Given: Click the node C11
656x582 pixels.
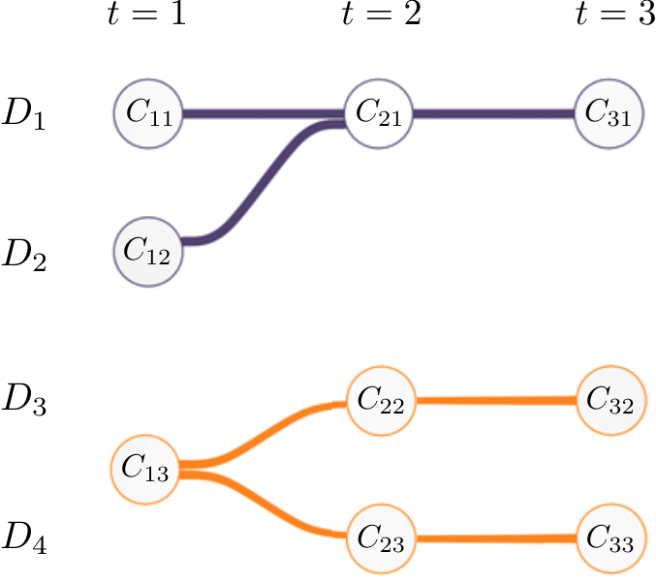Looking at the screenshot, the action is pos(148,113).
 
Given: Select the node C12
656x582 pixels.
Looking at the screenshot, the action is pos(148,252).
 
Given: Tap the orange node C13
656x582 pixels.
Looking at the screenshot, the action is pos(145,470).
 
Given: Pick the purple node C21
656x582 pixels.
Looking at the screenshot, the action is pos(379,113).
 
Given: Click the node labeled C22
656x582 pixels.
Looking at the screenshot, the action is pos(382,401).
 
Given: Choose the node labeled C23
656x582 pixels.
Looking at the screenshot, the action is pos(382,538).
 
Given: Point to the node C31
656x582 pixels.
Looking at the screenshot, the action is pos(609,113).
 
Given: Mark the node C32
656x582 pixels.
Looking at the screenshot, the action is pos(611,401).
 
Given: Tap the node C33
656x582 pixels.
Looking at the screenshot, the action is pos(611,538).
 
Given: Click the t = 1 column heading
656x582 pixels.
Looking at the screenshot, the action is pos(146,14).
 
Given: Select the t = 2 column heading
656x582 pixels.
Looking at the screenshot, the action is pos(381,14).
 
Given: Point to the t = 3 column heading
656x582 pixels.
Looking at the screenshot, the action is pos(615,14).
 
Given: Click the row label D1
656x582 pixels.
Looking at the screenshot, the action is pos(24,114).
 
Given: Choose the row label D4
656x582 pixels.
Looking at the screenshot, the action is pos(24,539).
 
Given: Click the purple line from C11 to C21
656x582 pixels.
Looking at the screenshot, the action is pos(264,113).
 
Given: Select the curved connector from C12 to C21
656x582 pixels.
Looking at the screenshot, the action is pos(264,182).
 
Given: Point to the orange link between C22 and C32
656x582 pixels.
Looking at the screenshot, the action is pos(496,401).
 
